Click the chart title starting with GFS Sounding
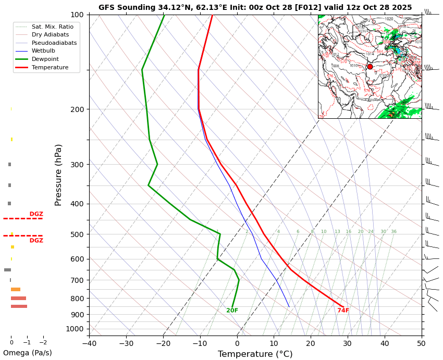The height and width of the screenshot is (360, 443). [x=255, y=7]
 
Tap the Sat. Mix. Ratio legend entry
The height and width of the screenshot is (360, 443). [x=52, y=27]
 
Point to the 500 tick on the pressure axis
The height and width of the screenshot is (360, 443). [x=77, y=234]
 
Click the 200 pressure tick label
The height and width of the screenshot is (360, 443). [x=77, y=109]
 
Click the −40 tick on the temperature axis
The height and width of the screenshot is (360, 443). [x=89, y=343]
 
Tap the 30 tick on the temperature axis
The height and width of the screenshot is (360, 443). [x=348, y=343]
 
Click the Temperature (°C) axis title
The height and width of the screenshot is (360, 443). [x=255, y=354]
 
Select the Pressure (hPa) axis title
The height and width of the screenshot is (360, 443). [x=58, y=175]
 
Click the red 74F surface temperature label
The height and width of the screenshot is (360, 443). [x=343, y=311]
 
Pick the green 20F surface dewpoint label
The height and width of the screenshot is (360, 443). [x=232, y=311]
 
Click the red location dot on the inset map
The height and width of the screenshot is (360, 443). [x=370, y=67]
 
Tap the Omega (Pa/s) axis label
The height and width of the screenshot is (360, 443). [x=28, y=353]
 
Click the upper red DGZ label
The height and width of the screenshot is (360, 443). [x=36, y=214]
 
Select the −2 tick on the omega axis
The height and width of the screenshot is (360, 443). [x=43, y=343]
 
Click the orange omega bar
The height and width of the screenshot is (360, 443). [x=16, y=289]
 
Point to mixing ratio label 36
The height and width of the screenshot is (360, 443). [x=393, y=231]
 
